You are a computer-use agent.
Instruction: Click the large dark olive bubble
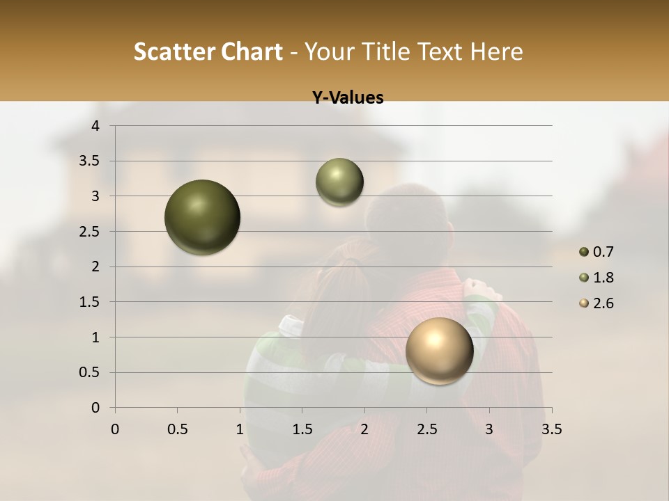(203, 217)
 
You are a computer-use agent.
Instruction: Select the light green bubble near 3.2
(339, 182)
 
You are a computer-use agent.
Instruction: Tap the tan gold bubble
(439, 351)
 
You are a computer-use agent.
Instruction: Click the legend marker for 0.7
(584, 252)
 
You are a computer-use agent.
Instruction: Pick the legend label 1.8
(603, 278)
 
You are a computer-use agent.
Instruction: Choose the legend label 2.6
(603, 303)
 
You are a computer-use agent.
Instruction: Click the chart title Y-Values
(348, 98)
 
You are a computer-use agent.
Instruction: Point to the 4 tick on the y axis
(96, 126)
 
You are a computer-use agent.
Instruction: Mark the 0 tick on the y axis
(96, 408)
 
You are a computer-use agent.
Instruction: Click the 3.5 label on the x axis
(551, 429)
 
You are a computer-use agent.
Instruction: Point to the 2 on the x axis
(364, 429)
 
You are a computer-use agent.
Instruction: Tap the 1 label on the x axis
(240, 429)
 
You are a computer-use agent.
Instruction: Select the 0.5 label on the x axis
(177, 429)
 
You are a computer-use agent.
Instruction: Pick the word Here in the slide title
(497, 52)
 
